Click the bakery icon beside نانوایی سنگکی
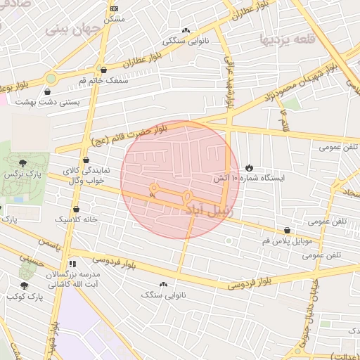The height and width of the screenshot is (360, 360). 186,31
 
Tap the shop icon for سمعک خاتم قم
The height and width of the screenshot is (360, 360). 104,70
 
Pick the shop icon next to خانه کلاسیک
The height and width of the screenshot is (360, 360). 76,209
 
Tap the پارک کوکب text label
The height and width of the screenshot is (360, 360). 25,297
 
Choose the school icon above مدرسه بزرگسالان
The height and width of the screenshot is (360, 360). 72,264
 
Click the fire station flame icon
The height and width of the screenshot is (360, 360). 250,167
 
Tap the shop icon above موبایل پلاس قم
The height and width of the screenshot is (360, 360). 287,231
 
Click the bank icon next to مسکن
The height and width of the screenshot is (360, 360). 115,8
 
